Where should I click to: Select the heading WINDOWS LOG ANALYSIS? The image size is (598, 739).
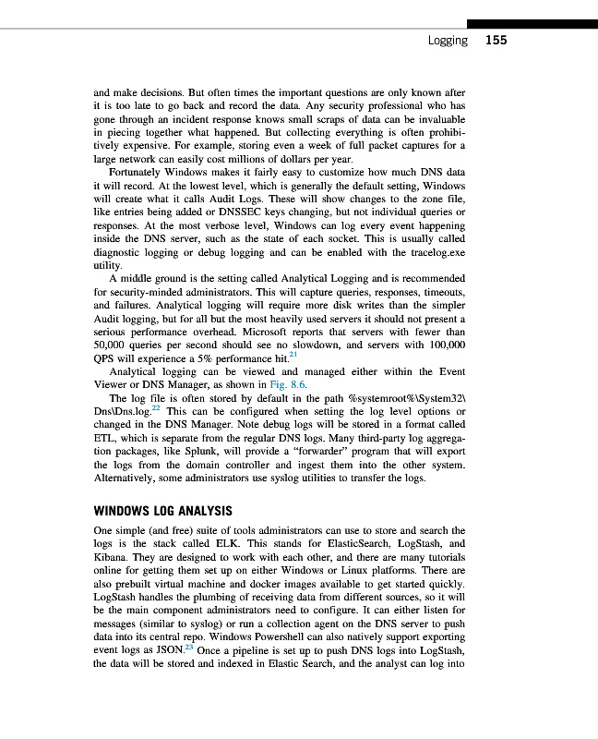point(162,511)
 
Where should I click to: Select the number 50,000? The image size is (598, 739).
point(114,344)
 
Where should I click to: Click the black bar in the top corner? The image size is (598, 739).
point(532,24)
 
